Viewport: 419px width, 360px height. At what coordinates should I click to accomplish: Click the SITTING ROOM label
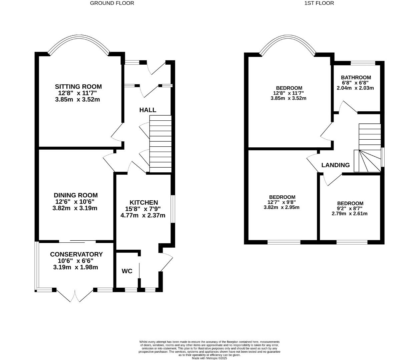click(x=78, y=87)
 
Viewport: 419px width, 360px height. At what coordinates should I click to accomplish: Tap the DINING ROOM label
click(x=76, y=195)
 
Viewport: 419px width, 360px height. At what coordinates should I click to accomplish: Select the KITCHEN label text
click(x=143, y=203)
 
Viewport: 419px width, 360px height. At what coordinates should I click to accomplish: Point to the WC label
click(x=127, y=271)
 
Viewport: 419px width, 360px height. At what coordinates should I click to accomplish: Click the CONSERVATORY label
click(x=76, y=254)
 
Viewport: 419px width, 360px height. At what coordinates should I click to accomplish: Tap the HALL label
click(x=147, y=110)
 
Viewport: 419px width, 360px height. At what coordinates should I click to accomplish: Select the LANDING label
click(x=335, y=165)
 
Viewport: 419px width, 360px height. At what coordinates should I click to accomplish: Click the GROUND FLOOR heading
click(x=112, y=3)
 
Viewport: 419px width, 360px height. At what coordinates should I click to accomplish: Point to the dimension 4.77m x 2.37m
click(x=143, y=215)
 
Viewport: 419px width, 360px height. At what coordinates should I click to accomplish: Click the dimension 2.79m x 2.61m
click(x=350, y=214)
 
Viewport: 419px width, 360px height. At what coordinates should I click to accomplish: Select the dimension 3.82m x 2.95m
click(x=281, y=207)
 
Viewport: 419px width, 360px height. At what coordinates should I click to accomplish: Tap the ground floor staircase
click(x=160, y=144)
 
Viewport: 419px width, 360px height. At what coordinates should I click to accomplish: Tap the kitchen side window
click(x=173, y=209)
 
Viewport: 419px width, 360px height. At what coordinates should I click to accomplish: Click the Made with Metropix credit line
click(x=209, y=358)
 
